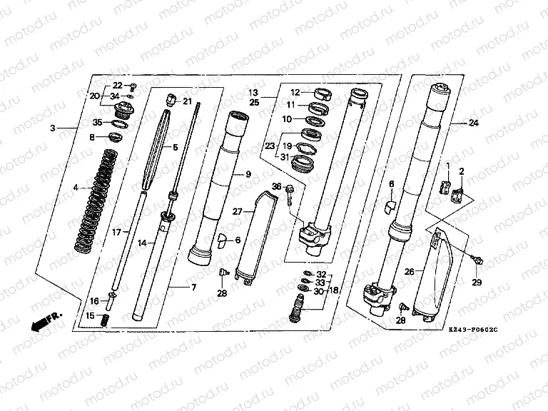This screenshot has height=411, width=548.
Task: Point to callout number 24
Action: [473, 123]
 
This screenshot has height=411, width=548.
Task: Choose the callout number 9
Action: [249, 174]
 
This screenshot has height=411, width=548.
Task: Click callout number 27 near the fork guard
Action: [238, 211]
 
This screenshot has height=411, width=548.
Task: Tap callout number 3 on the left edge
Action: [52, 128]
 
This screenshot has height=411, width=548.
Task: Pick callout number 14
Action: [141, 243]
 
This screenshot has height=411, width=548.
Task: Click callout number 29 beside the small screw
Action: [477, 283]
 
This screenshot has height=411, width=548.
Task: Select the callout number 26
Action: [408, 271]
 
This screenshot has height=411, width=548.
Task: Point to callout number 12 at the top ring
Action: [295, 92]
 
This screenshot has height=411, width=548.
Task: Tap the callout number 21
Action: [187, 101]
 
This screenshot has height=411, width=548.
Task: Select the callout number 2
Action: [461, 171]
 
